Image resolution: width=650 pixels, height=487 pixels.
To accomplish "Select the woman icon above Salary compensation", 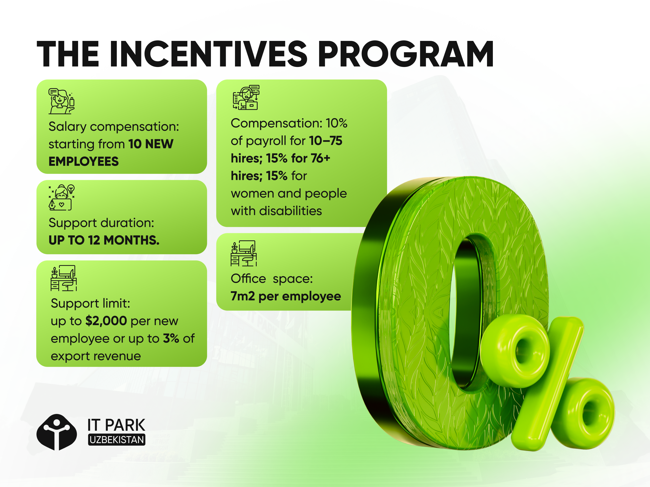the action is (x=61, y=101).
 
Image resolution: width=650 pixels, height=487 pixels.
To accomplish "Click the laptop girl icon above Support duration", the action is (x=61, y=197).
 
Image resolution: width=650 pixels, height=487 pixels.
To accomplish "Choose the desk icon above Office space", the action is (x=244, y=253).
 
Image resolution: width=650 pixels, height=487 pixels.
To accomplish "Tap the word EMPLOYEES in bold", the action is (x=83, y=161).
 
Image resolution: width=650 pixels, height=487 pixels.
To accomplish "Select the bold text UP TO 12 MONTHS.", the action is (x=104, y=240).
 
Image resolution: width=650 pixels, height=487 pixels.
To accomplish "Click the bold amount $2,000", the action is (x=106, y=321).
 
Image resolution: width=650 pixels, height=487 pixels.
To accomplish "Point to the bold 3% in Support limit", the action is (x=171, y=338).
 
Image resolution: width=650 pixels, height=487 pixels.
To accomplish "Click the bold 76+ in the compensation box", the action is (x=321, y=158).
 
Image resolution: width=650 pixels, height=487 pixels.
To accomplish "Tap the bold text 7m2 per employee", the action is (x=286, y=296).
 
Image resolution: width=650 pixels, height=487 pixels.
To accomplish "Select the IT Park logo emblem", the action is (x=57, y=432).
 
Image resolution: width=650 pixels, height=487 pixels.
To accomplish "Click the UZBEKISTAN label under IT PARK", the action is (x=117, y=440).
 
